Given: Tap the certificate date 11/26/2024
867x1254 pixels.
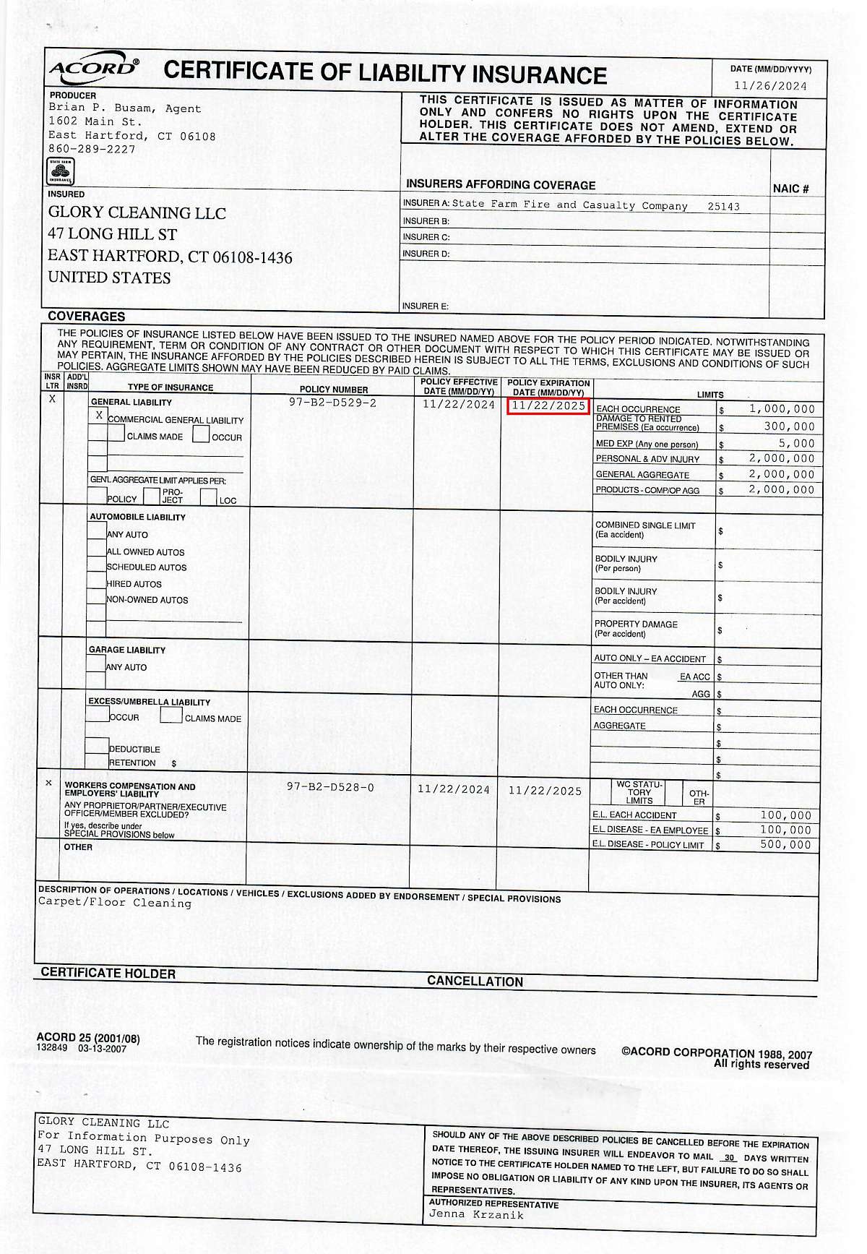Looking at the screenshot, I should (x=770, y=86).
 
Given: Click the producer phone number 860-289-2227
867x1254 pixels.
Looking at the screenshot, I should (x=92, y=149).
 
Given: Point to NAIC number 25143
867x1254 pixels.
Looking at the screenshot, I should (x=723, y=207).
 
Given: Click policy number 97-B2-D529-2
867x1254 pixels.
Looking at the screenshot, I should (x=332, y=403).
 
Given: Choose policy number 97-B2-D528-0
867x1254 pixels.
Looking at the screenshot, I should (x=330, y=787).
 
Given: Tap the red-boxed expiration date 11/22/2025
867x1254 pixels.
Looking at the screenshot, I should (x=548, y=405).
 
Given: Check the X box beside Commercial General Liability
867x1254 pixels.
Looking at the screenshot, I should (x=99, y=416).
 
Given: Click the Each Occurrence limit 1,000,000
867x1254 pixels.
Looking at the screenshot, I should (x=782, y=409).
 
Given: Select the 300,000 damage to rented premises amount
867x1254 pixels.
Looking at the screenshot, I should (x=789, y=426).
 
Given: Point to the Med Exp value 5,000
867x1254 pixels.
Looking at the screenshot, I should (x=796, y=443).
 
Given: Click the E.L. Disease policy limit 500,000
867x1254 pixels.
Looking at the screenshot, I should (x=785, y=844).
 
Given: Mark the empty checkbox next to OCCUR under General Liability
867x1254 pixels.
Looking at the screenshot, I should (x=201, y=435).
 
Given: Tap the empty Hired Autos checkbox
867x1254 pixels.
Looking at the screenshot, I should (x=96, y=582).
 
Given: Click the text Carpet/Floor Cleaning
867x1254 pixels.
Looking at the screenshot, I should (x=115, y=903).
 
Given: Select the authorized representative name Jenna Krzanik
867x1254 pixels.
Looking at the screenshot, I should (x=476, y=1214).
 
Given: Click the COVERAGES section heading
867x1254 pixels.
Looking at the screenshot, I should (x=87, y=317).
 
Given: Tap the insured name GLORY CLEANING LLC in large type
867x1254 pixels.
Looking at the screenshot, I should (x=137, y=213).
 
